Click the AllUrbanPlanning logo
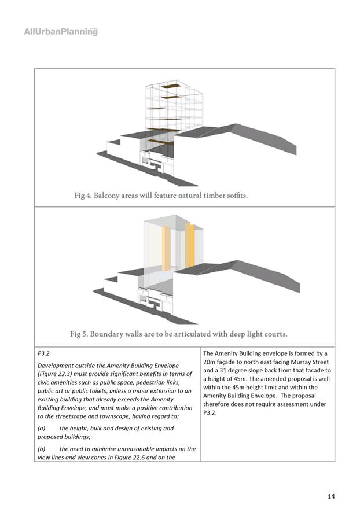[x=61, y=31]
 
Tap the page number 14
[x=330, y=496]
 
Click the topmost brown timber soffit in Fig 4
[x=170, y=87]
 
